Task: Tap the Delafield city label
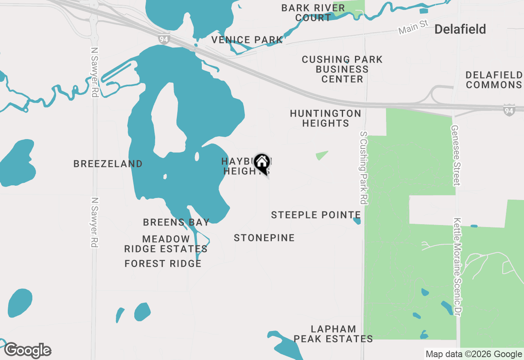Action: coord(460,29)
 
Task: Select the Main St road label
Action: coord(413,27)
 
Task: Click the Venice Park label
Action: coord(247,40)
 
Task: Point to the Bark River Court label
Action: coord(313,13)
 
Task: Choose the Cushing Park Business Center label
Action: coord(342,69)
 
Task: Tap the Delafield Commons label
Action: coord(494,80)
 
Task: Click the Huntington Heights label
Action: coord(325,118)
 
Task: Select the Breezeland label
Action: coord(108,164)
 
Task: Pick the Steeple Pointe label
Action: coord(316,215)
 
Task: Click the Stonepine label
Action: coord(264,238)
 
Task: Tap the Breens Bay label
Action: coord(176,222)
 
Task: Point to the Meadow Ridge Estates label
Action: coord(166,244)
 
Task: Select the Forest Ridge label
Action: coord(163,263)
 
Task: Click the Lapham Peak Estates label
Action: coord(333,334)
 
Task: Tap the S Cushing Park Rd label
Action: coord(363,168)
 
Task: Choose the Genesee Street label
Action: coord(456,155)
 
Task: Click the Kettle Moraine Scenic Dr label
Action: coord(458,266)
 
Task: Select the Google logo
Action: coord(28,350)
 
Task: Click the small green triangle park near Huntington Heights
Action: coord(321,155)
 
